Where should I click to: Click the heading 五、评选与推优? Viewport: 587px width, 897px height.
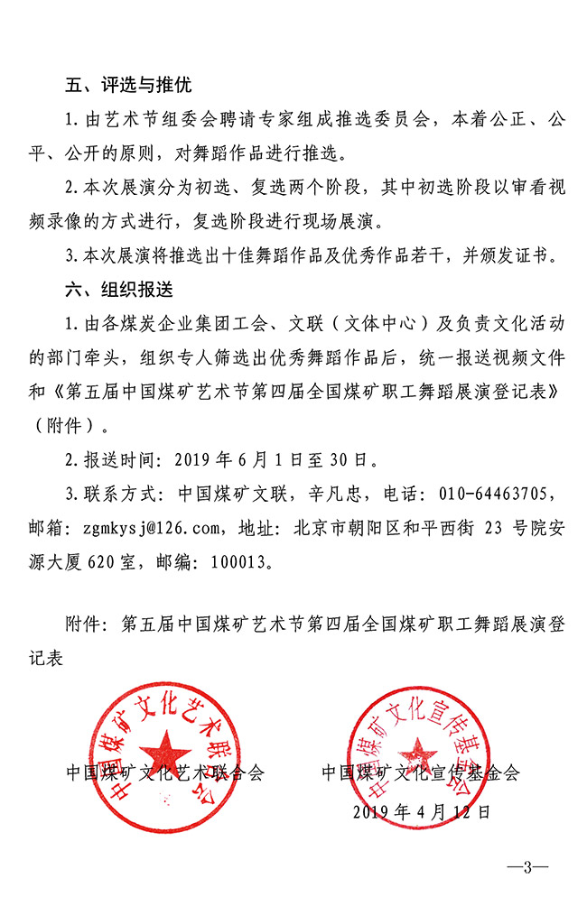pyautogui.click(x=128, y=86)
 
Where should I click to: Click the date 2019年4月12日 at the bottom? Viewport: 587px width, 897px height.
pyautogui.click(x=421, y=810)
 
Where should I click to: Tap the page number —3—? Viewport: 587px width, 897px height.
pyautogui.click(x=527, y=867)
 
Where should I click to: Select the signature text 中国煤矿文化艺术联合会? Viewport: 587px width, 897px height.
pyautogui.click(x=165, y=772)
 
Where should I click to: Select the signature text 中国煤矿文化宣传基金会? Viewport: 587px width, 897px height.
pyautogui.click(x=421, y=772)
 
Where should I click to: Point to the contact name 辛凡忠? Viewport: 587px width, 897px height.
pyautogui.click(x=312, y=494)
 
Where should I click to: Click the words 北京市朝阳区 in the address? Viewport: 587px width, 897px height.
pyautogui.click(x=339, y=528)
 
